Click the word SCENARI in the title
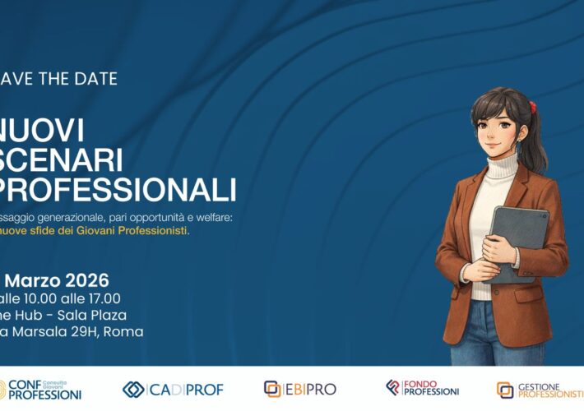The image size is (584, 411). pyautogui.click(x=58, y=159)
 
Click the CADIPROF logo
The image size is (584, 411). pyautogui.click(x=173, y=389)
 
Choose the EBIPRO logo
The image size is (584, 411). pyautogui.click(x=299, y=389)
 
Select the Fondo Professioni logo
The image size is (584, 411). pyautogui.click(x=422, y=388)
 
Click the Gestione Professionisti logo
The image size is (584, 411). pyautogui.click(x=540, y=390)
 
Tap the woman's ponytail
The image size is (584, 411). pyautogui.click(x=535, y=132)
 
